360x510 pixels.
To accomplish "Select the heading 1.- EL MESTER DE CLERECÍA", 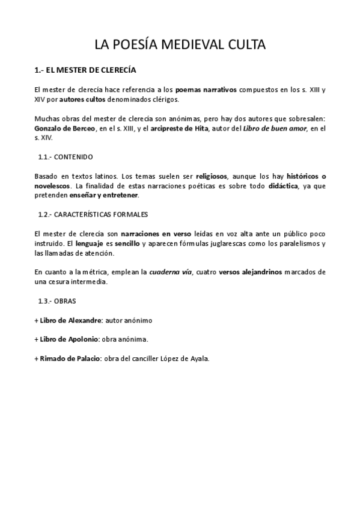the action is point(85,70).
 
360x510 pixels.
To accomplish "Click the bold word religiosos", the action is point(212,177).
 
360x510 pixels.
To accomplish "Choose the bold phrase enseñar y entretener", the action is point(104,195).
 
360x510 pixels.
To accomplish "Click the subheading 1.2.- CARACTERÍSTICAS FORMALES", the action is point(93,214).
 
